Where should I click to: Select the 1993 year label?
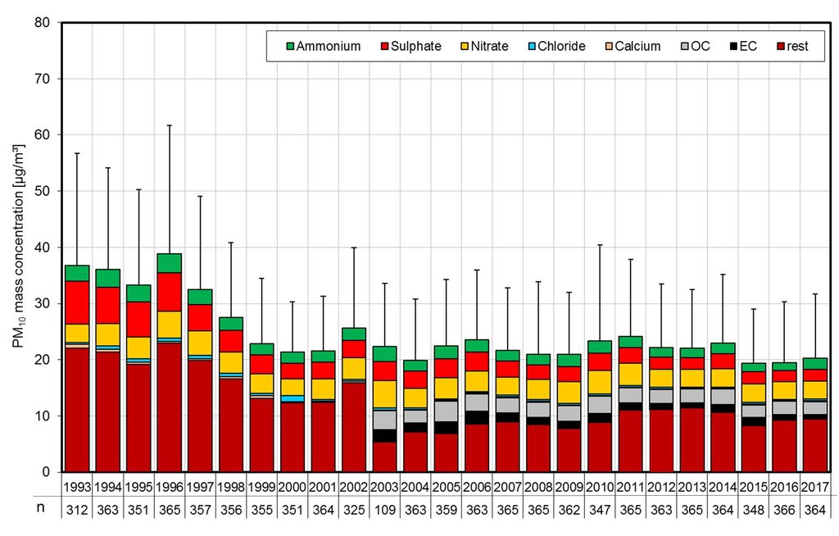pos(77,488)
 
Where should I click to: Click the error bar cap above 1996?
pos(169,125)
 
